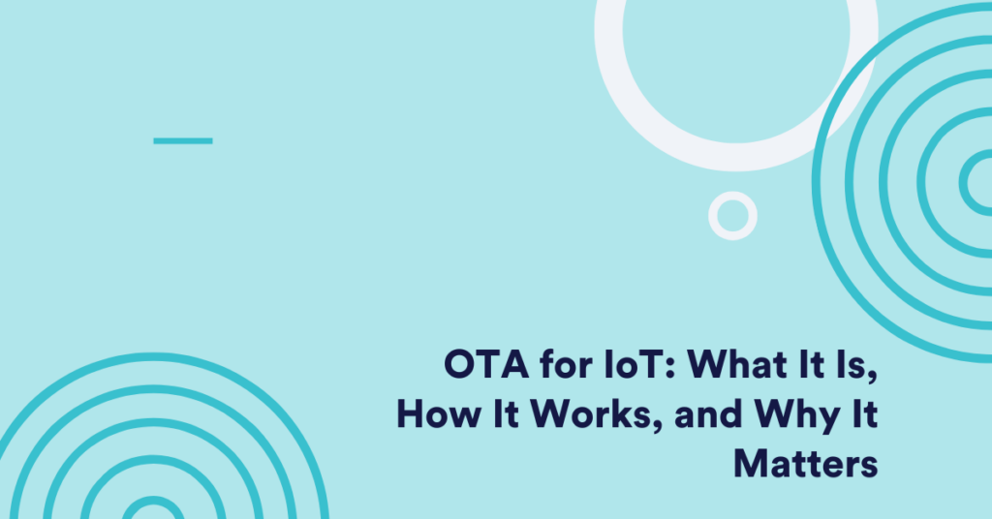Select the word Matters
806,464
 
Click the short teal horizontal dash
183,140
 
